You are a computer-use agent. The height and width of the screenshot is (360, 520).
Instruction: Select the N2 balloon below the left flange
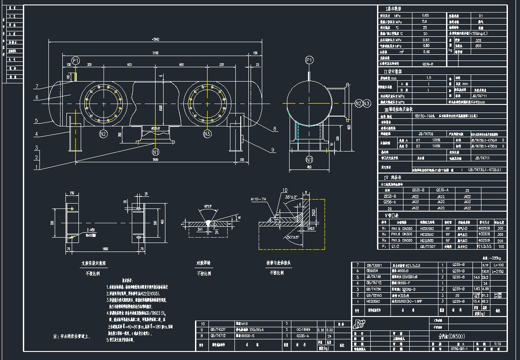click(103, 134)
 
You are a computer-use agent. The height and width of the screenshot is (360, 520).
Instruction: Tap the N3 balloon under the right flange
click(207, 134)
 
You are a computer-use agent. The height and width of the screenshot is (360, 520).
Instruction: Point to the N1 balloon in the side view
click(309, 159)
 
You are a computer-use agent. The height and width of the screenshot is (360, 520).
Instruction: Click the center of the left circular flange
click(104, 104)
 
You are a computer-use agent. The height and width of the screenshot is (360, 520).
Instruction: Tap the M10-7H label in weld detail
click(259, 200)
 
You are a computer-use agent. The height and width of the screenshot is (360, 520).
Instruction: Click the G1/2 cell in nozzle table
click(395, 247)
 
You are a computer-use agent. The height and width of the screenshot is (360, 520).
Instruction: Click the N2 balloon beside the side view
click(358, 104)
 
